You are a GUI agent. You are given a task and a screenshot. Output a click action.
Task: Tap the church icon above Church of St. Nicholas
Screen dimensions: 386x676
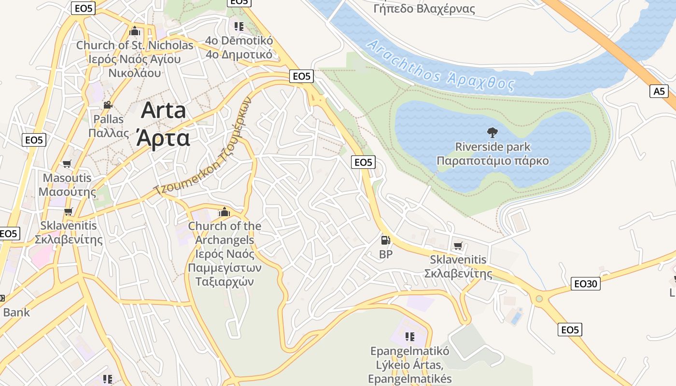135,32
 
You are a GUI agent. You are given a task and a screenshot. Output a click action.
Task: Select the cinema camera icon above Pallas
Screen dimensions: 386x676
108,105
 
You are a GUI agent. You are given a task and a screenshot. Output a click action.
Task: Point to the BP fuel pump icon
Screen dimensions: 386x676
385,240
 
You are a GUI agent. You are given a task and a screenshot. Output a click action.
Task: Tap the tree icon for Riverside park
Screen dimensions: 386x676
493,132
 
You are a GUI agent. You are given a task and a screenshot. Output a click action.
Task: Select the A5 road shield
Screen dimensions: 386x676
659,91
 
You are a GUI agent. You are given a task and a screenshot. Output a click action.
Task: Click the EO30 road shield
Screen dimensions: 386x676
585,284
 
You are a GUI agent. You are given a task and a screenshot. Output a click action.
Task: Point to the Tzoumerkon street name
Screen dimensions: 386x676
203,147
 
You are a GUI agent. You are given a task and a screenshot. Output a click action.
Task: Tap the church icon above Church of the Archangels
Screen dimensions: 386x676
224,212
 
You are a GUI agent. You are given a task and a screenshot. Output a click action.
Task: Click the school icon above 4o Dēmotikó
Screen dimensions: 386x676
239,26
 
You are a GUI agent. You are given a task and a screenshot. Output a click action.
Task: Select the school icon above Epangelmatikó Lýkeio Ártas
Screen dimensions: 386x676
409,336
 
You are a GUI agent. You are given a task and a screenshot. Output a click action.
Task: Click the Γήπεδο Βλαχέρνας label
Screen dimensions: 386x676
424,9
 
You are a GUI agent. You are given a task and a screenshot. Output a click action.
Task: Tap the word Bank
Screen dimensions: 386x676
16,312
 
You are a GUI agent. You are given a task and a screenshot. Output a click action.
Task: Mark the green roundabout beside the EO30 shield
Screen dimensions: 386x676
539,299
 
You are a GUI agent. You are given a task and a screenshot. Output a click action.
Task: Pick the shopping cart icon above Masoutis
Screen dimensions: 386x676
67,164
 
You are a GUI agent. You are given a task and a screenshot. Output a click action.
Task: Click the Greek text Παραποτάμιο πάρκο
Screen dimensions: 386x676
493,161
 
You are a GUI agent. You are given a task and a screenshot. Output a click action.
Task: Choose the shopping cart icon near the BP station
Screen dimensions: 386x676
458,246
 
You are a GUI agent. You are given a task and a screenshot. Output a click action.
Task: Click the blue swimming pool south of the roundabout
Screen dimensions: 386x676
516,318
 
